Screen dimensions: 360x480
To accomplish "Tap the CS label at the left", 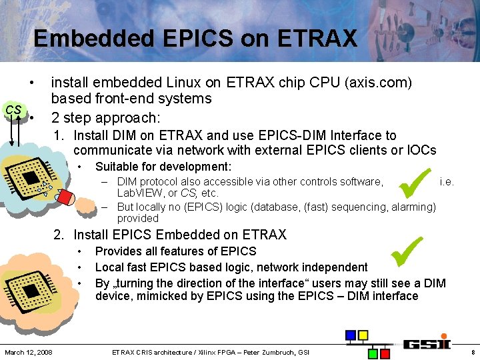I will coord(13,110).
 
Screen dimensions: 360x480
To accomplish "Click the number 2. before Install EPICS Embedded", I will coord(59,235).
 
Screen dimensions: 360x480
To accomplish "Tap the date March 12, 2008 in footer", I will coord(29,351).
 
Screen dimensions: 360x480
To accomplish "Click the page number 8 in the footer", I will coord(472,351).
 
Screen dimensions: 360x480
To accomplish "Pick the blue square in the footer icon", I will coord(350,335).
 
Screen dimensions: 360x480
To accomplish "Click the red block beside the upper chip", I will coord(65,197).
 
